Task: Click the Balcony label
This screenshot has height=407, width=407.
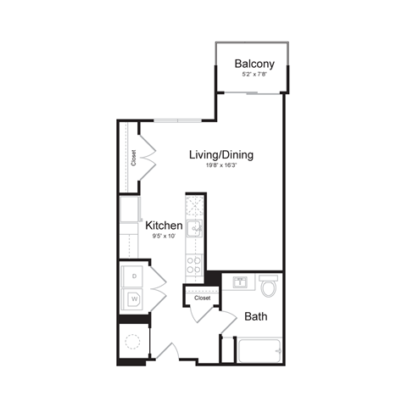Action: [x=254, y=63]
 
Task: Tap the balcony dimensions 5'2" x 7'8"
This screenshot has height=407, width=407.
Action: [x=254, y=75]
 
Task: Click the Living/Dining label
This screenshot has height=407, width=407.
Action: [x=221, y=155]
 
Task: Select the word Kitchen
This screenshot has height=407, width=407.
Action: [x=164, y=226]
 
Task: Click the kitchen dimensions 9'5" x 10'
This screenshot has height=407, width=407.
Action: [x=163, y=237]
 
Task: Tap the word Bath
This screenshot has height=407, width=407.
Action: [x=256, y=317]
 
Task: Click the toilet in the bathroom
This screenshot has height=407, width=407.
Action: [x=269, y=287]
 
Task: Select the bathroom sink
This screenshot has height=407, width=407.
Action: [x=240, y=283]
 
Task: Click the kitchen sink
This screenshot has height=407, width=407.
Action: [x=195, y=226]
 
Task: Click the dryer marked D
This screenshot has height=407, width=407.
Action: [x=133, y=276]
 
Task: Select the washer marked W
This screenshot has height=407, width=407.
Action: [x=133, y=298]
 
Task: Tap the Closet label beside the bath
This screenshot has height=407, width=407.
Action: [x=202, y=298]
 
